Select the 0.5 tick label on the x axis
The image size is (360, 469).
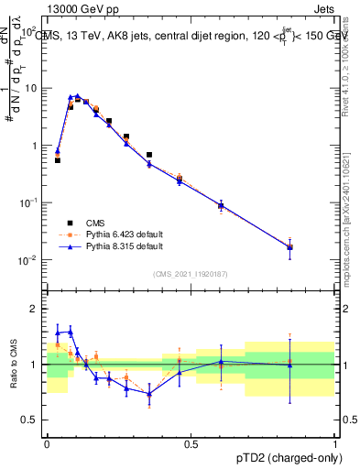191,442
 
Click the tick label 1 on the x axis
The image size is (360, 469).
335,442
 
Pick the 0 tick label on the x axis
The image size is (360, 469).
47,442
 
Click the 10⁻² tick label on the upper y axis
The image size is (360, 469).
30,260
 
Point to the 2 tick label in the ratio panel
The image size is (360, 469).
36,309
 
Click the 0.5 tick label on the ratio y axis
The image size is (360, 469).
32,420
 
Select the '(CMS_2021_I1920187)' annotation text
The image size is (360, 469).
191,274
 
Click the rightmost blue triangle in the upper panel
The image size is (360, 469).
290,247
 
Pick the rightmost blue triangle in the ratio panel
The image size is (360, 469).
290,365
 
